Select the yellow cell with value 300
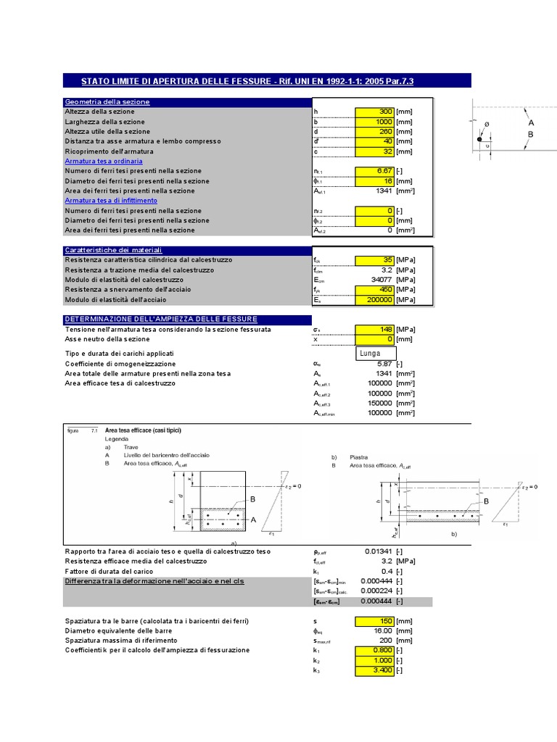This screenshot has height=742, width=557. (x=374, y=112)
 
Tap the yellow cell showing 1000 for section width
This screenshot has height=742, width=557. (x=374, y=122)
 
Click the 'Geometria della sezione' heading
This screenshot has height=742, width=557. (x=107, y=102)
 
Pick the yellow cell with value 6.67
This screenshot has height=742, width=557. (x=374, y=171)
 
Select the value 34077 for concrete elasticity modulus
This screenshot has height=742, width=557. (x=378, y=280)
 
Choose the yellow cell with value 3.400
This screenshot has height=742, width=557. (x=374, y=670)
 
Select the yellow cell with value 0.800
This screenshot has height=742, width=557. (x=374, y=650)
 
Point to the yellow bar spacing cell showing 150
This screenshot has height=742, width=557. (x=374, y=621)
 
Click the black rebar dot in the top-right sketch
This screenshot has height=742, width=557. (x=479, y=139)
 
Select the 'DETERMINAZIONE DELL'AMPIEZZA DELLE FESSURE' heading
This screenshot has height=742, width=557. (x=161, y=319)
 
